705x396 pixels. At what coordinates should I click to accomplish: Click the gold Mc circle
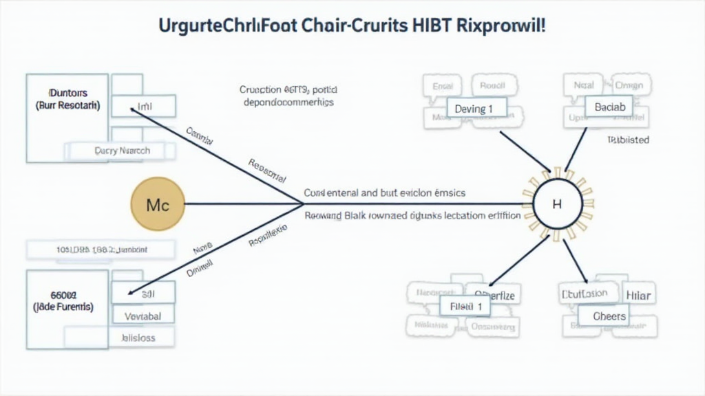click(x=158, y=204)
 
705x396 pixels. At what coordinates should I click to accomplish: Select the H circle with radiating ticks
click(x=557, y=204)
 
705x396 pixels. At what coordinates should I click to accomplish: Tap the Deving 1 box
click(x=475, y=109)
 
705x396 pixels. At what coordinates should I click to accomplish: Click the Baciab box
click(x=609, y=107)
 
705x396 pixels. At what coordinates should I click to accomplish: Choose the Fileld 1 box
click(x=465, y=305)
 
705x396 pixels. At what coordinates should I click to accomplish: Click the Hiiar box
click(x=639, y=296)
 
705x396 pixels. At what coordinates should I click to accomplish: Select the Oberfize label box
click(x=494, y=296)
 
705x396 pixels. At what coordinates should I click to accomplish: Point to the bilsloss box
click(x=138, y=338)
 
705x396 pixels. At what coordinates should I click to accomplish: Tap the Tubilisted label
click(x=628, y=140)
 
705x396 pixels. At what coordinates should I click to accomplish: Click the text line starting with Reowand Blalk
click(x=412, y=215)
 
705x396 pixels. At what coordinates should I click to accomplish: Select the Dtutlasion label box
click(x=585, y=294)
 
